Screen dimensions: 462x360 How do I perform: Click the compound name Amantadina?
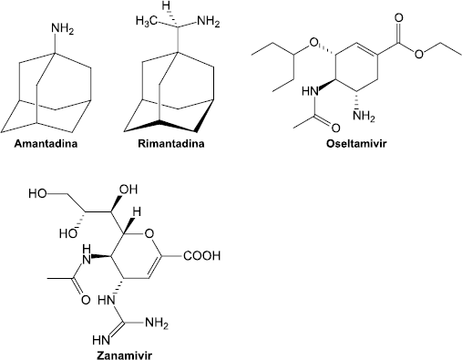[x=46, y=143]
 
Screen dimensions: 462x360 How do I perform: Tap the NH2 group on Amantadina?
[x=62, y=29]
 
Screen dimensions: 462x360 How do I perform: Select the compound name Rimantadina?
[x=171, y=143]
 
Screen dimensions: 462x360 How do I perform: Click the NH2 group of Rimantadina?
[x=208, y=21]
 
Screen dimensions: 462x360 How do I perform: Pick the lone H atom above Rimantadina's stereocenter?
[x=166, y=5]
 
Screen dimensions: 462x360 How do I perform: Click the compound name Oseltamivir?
[x=356, y=143]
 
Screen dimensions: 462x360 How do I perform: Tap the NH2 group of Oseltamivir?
[x=364, y=116]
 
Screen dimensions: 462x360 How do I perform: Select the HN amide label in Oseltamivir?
[x=310, y=91]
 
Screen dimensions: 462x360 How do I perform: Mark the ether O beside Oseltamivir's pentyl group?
[x=314, y=45]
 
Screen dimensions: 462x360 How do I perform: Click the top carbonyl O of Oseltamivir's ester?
[x=399, y=17]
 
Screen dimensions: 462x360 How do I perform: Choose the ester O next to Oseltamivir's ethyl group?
[x=419, y=55]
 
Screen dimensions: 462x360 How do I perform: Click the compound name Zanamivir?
[x=124, y=355]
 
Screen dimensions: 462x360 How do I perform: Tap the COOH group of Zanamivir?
[x=201, y=256]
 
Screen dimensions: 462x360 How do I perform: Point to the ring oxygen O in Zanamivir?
[x=149, y=234]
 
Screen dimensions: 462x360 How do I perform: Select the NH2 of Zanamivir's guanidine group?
[x=157, y=323]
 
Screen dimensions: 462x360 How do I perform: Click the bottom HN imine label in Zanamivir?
[x=101, y=340]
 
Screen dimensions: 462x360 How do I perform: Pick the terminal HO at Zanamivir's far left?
[x=37, y=193]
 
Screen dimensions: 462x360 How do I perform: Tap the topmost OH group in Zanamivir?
[x=128, y=190]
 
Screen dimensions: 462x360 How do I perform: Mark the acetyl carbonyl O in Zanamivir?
[x=86, y=300]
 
